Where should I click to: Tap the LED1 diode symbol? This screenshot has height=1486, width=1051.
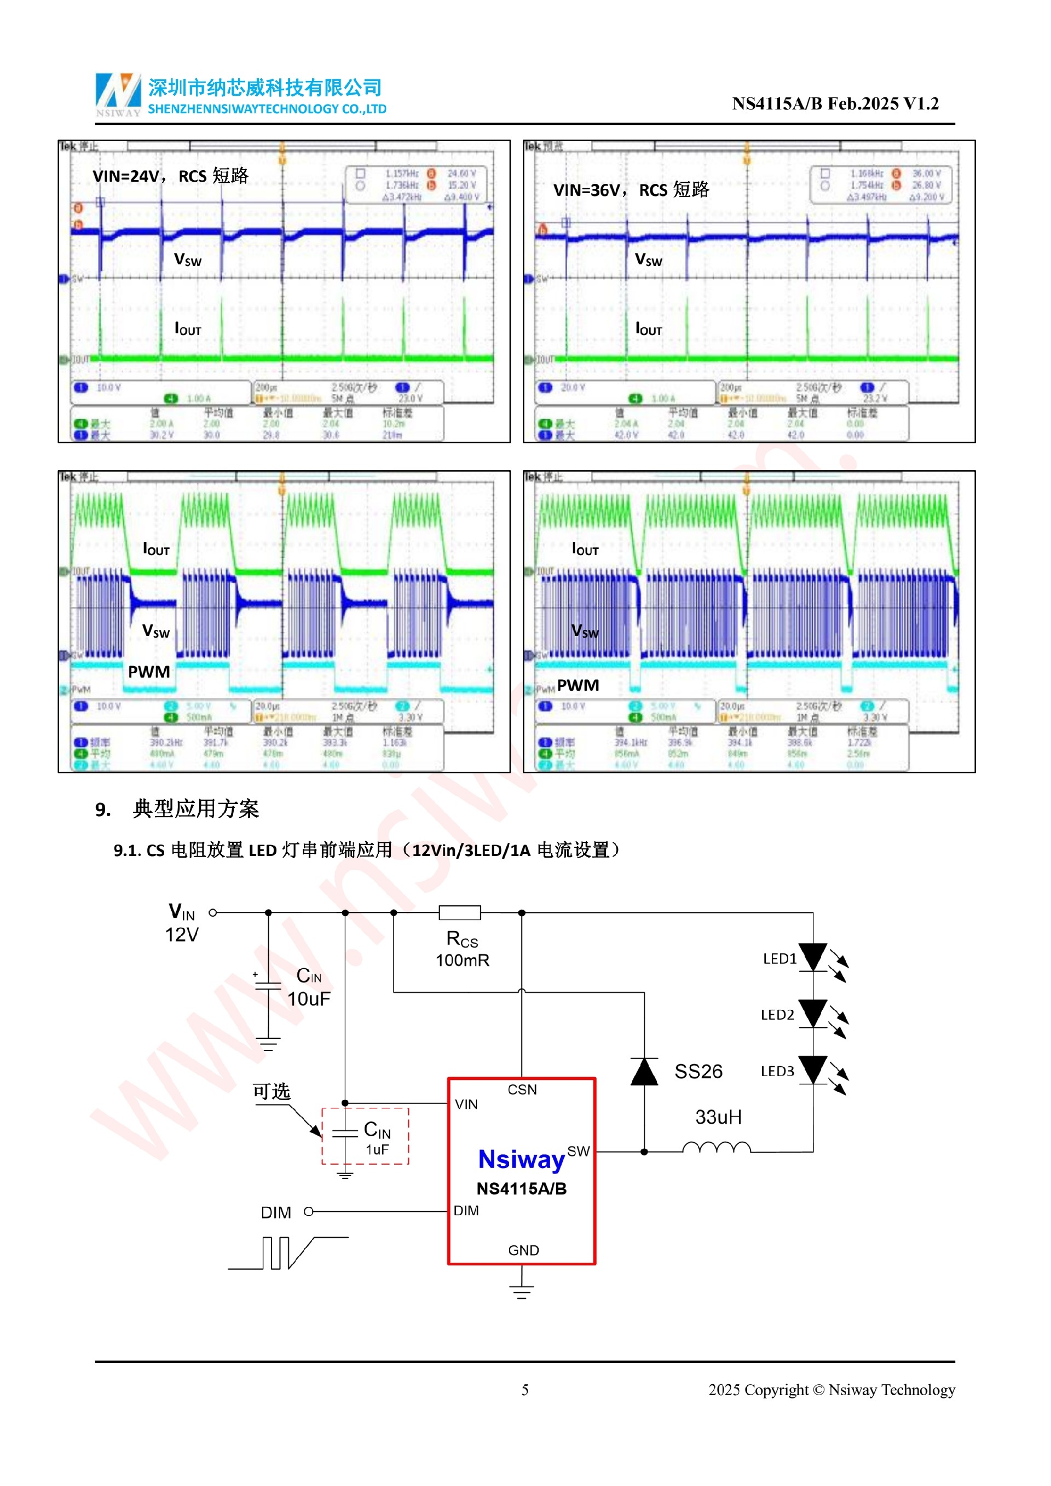click(x=812, y=957)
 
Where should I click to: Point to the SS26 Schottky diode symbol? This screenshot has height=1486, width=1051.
click(x=644, y=1072)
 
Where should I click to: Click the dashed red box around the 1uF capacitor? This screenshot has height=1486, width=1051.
click(x=365, y=1136)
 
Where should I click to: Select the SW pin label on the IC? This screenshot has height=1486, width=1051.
click(x=578, y=1152)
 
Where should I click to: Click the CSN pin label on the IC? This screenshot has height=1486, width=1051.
click(x=522, y=1090)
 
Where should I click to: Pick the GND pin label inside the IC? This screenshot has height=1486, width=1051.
click(x=523, y=1251)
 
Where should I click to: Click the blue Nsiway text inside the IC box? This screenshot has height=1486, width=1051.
click(x=521, y=1160)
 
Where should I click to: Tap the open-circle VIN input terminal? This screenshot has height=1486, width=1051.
click(x=213, y=912)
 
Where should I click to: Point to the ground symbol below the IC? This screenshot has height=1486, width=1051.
click(x=522, y=1292)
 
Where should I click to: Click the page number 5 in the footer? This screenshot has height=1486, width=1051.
click(x=525, y=1390)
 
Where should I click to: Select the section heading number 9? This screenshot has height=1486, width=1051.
click(x=103, y=810)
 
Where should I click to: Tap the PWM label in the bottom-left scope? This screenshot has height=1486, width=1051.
click(x=149, y=672)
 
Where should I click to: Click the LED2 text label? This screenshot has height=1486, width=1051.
click(x=777, y=1015)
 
